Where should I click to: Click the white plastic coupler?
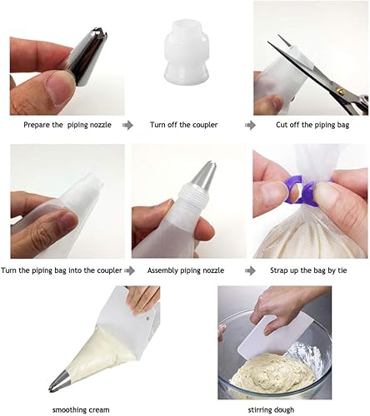point(187,52)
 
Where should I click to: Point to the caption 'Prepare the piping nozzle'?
point(67,125)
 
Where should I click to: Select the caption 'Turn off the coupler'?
point(183,125)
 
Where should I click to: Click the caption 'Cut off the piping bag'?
point(312,125)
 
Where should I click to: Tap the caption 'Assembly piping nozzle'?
point(186,270)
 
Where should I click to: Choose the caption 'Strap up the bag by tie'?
point(308,270)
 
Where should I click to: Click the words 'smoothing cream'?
point(81,409)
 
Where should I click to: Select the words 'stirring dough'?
point(271,409)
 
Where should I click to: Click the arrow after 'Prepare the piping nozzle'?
point(127,126)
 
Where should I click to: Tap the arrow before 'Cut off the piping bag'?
point(250,126)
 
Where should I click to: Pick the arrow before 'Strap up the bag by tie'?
point(250,271)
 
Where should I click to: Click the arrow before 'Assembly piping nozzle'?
point(130,271)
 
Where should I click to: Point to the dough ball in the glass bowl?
point(272,372)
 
